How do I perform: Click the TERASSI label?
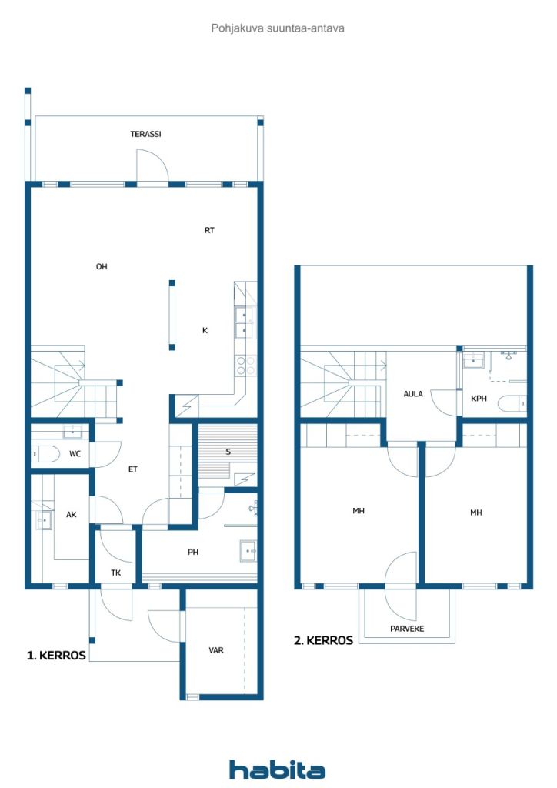pyautogui.click(x=145, y=134)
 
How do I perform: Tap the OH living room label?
pyautogui.click(x=101, y=267)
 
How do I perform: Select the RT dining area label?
pyautogui.click(x=209, y=230)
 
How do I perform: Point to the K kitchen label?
pyautogui.click(x=205, y=330)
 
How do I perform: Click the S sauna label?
pyautogui.click(x=228, y=452)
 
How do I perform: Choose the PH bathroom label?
pyautogui.click(x=193, y=552)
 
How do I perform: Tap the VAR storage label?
pyautogui.click(x=216, y=650)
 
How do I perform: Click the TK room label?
pyautogui.click(x=115, y=573)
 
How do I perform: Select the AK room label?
pyautogui.click(x=72, y=515)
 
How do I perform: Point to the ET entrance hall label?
pyautogui.click(x=133, y=469)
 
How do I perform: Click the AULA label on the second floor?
pyautogui.click(x=414, y=393)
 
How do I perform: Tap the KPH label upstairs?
pyautogui.click(x=479, y=399)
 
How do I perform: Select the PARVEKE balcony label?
pyautogui.click(x=407, y=629)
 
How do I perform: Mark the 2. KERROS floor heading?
pyautogui.click(x=323, y=639)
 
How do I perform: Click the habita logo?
pyautogui.click(x=277, y=770)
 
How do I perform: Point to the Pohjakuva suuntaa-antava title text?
pyautogui.click(x=278, y=28)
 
